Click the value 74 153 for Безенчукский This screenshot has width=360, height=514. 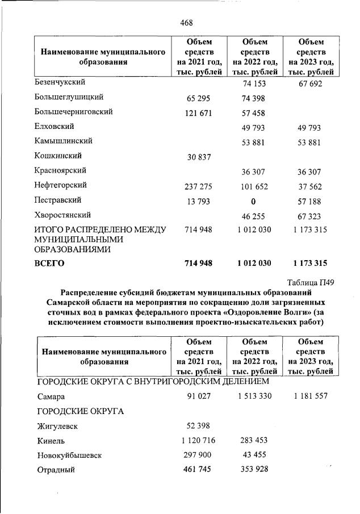click(253, 83)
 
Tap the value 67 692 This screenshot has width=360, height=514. click(310, 83)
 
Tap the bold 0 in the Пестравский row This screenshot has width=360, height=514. click(253, 201)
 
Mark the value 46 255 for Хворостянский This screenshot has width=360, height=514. click(253, 216)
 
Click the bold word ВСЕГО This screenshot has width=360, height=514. click(51, 263)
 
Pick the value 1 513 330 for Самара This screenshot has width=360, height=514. click(253, 396)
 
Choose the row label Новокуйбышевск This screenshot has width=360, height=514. click(72, 456)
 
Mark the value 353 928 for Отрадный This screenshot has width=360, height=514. click(253, 470)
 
